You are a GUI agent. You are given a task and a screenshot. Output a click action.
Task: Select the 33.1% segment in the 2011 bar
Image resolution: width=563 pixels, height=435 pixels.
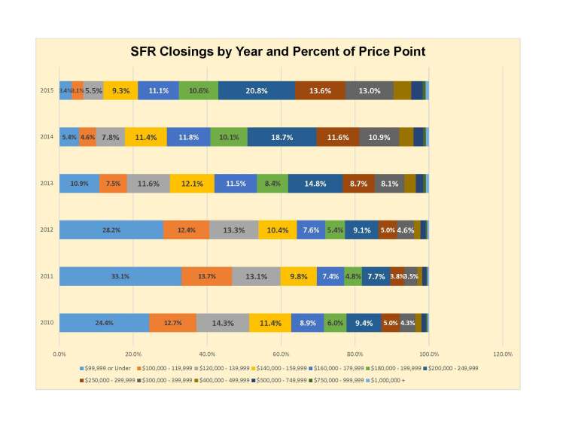[x=120, y=276]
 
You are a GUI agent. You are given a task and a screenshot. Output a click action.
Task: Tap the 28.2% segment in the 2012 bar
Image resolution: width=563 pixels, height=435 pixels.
[x=111, y=230]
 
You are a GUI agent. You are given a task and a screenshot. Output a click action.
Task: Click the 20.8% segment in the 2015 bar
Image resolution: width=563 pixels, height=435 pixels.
[x=257, y=90]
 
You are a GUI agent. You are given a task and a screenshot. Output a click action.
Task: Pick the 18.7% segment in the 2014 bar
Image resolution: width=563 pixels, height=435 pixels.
[x=281, y=137]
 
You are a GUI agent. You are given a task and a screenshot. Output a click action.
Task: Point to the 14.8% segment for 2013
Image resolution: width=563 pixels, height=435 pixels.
[x=315, y=184]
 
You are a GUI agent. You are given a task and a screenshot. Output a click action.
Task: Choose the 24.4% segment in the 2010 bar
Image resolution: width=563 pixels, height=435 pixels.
[x=104, y=323]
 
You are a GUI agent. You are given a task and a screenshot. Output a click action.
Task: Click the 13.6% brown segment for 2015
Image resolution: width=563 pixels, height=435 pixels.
[x=320, y=90]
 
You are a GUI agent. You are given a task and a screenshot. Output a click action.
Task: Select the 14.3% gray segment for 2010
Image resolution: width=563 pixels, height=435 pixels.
[x=222, y=323]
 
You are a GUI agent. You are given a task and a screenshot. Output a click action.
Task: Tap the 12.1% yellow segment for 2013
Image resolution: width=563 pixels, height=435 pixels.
[x=192, y=184]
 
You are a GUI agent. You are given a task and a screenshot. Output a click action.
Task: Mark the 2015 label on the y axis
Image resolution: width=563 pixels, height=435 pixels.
[x=47, y=90]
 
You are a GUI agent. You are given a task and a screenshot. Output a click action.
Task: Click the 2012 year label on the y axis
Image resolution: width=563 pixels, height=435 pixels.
[x=47, y=230]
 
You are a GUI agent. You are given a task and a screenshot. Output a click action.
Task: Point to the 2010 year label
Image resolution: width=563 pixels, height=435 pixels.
[x=47, y=323]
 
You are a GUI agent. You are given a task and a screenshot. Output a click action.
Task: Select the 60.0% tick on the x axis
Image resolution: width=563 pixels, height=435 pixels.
[x=281, y=353]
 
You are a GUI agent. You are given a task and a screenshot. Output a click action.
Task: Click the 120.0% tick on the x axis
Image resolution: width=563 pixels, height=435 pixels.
[x=502, y=353]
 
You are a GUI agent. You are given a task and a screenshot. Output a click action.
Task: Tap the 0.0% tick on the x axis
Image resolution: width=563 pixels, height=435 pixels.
[x=60, y=353]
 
